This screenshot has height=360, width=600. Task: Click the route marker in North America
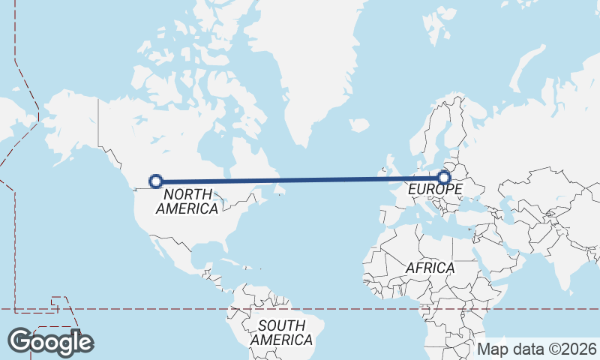point(156,181)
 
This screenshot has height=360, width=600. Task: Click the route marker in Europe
point(444,178)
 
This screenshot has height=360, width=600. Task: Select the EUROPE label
point(435,190)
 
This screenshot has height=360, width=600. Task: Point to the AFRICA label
point(430,268)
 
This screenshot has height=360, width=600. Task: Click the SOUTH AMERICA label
point(281,333)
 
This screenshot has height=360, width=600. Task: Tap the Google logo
point(50,342)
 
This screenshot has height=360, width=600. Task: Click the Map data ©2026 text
point(537,349)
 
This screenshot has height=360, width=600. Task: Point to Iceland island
point(359,125)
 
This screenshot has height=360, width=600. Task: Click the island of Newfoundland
point(280,191)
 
